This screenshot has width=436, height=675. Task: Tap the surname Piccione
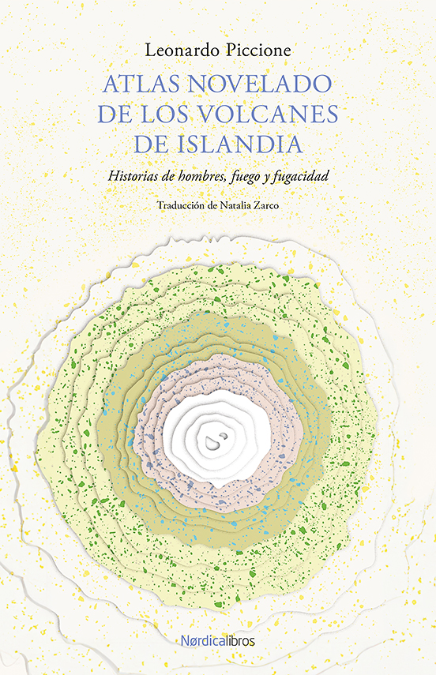point(256,51)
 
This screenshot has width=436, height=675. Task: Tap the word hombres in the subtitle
point(201,175)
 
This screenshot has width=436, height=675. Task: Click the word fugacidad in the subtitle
point(301,176)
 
